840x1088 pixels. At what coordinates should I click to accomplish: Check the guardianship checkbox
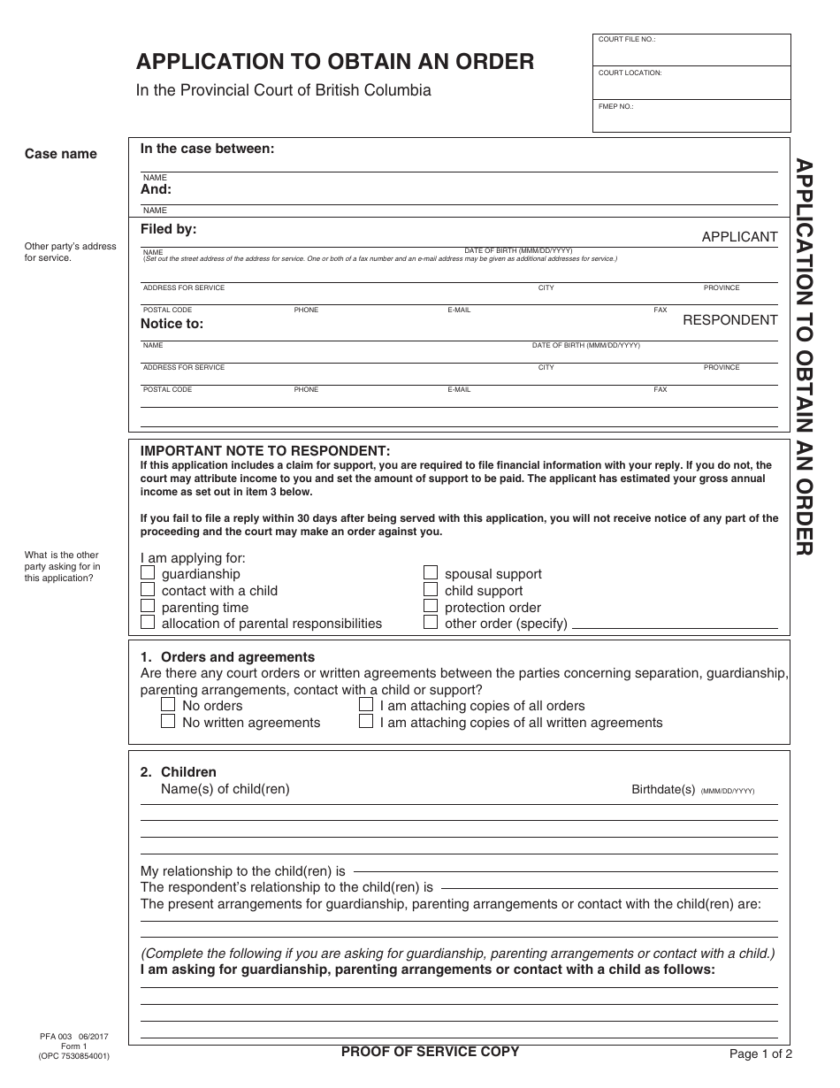(148, 573)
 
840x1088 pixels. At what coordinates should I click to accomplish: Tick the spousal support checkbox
(431, 573)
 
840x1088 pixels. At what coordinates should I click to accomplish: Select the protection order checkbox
(431, 606)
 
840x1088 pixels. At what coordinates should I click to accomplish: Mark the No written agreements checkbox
(168, 722)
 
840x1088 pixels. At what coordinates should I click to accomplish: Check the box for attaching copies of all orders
(366, 705)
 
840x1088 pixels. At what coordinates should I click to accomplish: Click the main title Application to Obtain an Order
(334, 62)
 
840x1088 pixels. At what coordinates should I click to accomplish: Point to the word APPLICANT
(739, 237)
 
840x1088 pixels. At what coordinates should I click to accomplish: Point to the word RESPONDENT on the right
(729, 320)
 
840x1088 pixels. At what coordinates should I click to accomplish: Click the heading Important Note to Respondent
(265, 450)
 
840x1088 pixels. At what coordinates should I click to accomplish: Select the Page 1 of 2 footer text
(760, 1054)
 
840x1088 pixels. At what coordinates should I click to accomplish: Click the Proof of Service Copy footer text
(430, 1052)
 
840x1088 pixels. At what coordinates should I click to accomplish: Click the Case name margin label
(61, 154)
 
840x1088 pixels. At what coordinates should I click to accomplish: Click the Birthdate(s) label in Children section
(663, 789)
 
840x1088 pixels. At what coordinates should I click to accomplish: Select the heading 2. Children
(179, 772)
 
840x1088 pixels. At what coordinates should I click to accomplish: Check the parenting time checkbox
(148, 606)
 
